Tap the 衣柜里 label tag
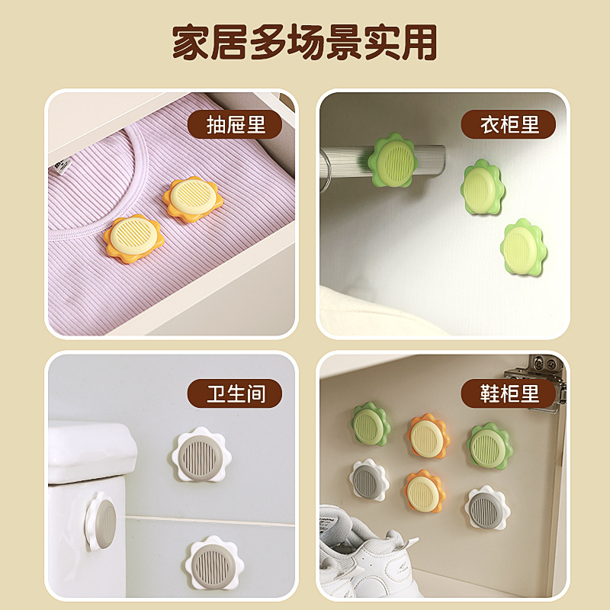[x=509, y=124]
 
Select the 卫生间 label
[x=235, y=393]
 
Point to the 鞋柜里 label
[x=509, y=393]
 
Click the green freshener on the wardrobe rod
[x=394, y=161]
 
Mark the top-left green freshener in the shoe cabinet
[x=370, y=425]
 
